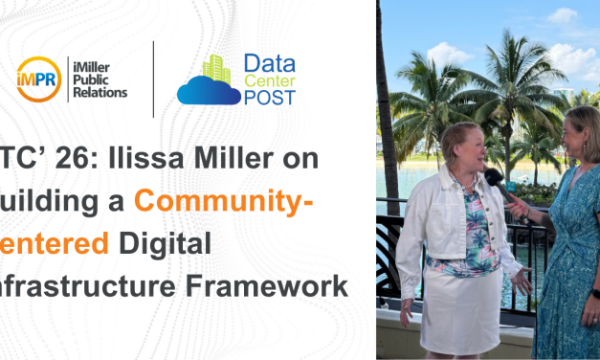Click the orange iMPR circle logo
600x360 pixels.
click(39, 79)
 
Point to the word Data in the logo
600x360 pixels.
click(269, 64)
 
